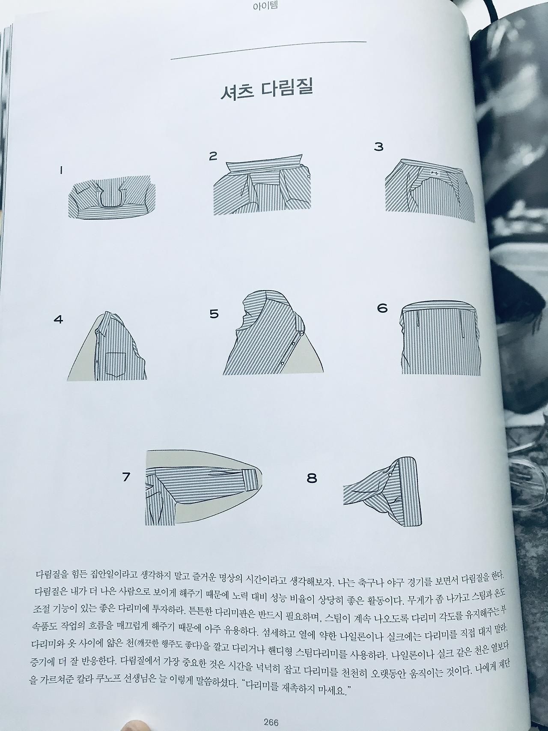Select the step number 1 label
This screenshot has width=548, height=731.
point(61,171)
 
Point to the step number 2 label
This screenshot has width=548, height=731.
point(213,156)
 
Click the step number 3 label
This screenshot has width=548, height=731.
point(378,147)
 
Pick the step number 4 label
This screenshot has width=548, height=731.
point(58,319)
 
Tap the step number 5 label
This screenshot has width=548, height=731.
point(214,314)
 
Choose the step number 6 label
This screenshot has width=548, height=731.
point(382,308)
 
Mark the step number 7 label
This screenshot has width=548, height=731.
point(126,476)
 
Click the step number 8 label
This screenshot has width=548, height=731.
point(312,478)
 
